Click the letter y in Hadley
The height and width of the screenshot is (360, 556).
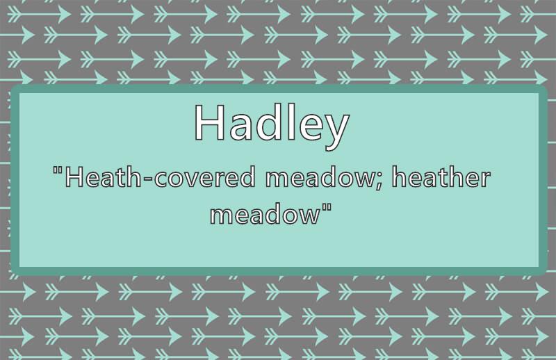click(336, 131)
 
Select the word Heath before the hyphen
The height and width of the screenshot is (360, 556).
click(104, 177)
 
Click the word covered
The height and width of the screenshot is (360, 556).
click(204, 177)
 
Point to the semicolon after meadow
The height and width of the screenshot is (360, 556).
click(377, 181)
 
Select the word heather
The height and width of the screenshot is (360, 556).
click(441, 177)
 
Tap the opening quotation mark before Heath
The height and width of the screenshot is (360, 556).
click(58, 170)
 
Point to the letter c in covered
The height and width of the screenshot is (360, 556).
click(162, 179)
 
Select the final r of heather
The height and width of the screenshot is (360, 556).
click(484, 179)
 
